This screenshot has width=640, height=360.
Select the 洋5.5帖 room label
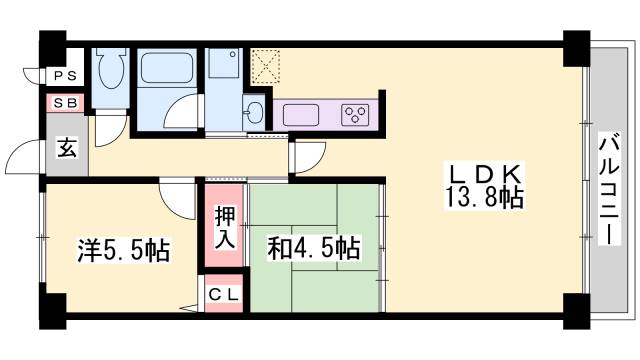[x=124, y=249]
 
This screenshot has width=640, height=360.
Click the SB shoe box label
[x=63, y=101]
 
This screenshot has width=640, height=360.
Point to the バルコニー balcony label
[x=609, y=189]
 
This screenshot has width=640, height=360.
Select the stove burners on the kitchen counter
[x=355, y=112]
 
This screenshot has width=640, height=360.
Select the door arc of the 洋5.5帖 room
[x=177, y=199]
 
